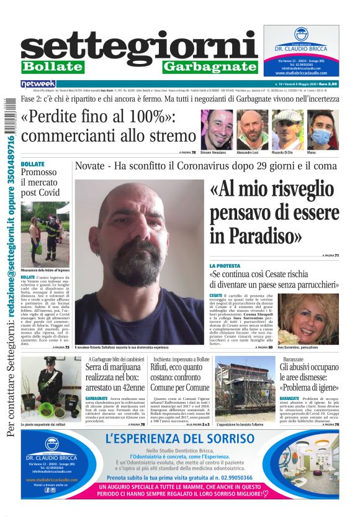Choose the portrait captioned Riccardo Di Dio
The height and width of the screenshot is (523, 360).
(287, 129)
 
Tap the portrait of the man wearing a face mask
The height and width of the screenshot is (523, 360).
(323, 129)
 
